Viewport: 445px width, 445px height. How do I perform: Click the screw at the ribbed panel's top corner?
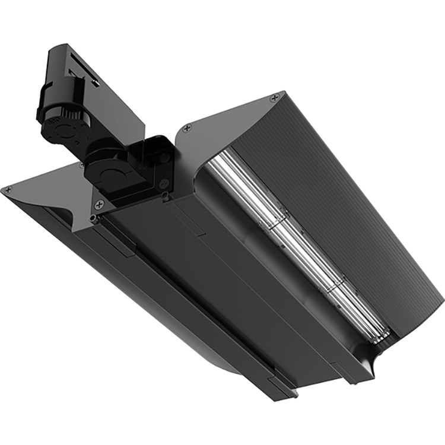[274, 96]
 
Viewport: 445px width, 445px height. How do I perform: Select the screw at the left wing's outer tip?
[7, 190]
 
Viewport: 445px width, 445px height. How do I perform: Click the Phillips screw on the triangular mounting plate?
[99, 204]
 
